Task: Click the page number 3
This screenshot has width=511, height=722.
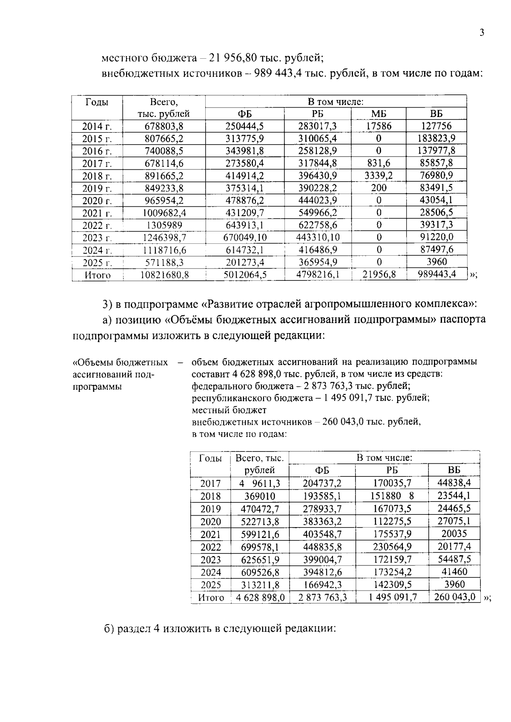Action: (x=482, y=33)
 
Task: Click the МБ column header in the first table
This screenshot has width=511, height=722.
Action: (x=379, y=114)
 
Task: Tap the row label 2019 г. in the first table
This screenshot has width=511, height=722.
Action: (x=97, y=188)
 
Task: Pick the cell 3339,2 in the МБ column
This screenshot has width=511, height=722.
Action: (x=379, y=176)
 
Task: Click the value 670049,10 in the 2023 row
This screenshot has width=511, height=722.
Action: (x=245, y=237)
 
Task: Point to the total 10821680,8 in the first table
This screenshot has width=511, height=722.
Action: (x=164, y=275)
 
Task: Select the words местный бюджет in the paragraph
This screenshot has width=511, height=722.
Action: (x=229, y=410)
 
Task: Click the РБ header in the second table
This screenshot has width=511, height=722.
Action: (x=391, y=470)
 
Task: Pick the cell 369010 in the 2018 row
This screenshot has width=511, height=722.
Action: (x=259, y=497)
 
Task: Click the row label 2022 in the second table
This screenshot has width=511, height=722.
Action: (x=210, y=547)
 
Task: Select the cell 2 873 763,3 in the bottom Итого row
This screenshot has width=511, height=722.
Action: (x=322, y=598)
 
